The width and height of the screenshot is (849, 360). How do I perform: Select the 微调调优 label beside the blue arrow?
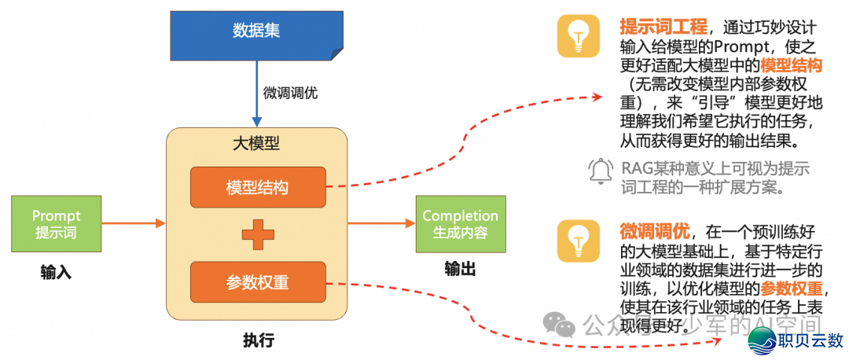click(x=290, y=93)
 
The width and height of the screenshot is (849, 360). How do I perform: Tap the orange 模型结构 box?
click(x=257, y=188)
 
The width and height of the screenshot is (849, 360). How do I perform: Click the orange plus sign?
click(x=257, y=234)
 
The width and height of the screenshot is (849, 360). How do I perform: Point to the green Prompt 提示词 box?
click(x=56, y=224)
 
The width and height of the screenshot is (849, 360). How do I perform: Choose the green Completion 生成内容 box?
click(x=460, y=224)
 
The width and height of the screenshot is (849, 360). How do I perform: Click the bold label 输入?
click(x=56, y=273)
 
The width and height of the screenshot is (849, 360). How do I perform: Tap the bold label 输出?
click(x=460, y=270)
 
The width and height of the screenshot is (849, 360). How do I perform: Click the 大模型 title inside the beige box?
click(x=257, y=144)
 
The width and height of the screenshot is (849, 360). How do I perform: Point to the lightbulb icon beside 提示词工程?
click(x=578, y=36)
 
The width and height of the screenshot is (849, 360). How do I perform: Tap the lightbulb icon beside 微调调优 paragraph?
click(x=578, y=240)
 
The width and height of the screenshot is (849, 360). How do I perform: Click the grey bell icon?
click(x=601, y=170)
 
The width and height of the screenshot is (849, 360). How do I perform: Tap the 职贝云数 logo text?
click(x=810, y=341)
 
